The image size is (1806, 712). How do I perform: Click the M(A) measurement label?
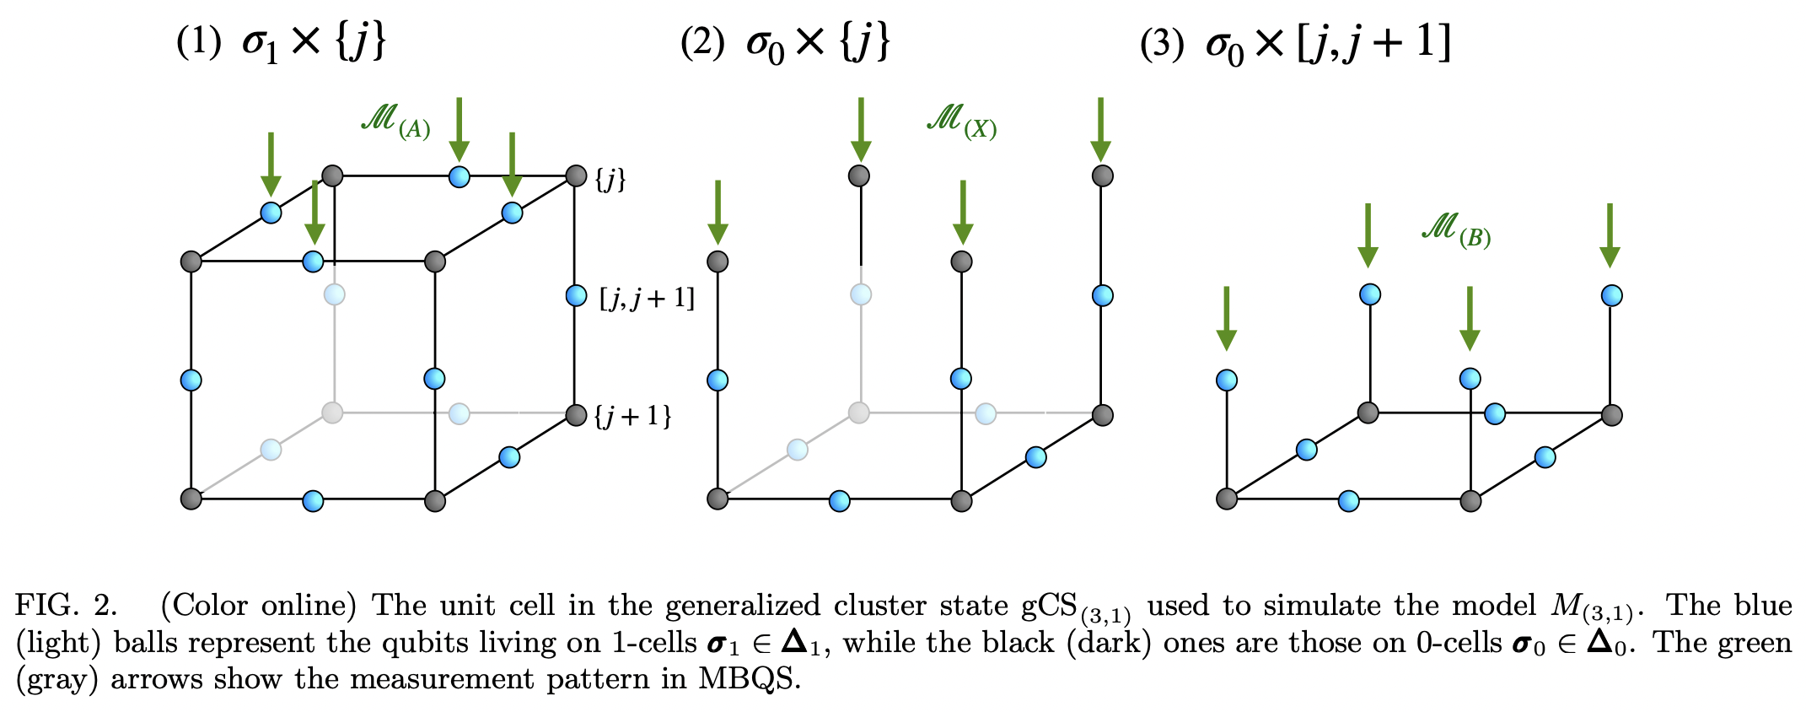pos(395,121)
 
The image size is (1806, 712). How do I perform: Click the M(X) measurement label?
pos(961,121)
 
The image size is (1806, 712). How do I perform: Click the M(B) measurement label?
pos(1456,229)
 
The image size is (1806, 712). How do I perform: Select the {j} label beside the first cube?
pos(610,179)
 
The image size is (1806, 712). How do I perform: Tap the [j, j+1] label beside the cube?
pos(647,298)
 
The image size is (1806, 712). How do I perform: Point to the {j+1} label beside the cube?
pos(633,416)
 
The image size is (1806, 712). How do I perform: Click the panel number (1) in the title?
pos(198,42)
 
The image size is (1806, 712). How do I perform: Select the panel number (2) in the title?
pos(702,42)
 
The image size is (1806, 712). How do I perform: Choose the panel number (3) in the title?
pos(1161,42)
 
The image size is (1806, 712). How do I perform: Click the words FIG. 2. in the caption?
pos(67,606)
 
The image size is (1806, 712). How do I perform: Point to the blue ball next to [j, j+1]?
pos(576,295)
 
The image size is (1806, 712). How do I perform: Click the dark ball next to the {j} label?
pos(576,175)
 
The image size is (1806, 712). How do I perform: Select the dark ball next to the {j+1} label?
pos(576,415)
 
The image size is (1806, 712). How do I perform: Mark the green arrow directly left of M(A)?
pos(271,163)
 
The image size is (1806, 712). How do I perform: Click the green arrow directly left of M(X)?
pos(861,128)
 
